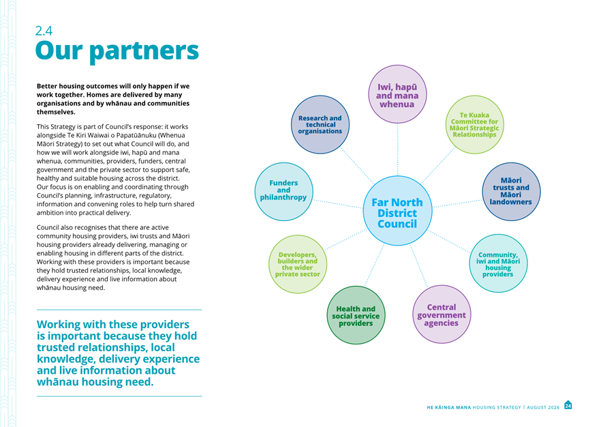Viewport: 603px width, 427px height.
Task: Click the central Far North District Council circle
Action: click(397, 211)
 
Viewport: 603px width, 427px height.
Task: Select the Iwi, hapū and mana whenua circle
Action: click(397, 94)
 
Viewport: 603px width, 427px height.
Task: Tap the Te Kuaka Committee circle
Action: click(474, 125)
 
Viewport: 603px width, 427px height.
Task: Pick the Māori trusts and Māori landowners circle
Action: click(511, 192)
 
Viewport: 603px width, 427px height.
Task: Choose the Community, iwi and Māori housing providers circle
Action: click(498, 263)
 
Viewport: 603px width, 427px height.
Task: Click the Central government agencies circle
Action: click(442, 314)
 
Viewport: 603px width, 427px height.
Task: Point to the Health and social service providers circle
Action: click(356, 315)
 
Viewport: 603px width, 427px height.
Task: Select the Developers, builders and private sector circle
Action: click(298, 264)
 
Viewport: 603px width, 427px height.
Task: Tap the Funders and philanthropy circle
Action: click(284, 192)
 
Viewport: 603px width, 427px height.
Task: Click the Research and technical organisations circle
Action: click(320, 125)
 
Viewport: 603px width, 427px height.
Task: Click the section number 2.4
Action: click(44, 31)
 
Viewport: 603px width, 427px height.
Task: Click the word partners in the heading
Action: click(144, 51)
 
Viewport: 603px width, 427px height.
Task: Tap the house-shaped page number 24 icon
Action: click(568, 405)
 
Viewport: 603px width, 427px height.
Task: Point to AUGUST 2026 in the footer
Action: click(543, 407)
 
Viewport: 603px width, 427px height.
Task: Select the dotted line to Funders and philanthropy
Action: click(338, 204)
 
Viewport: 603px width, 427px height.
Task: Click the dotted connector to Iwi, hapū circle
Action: click(398, 150)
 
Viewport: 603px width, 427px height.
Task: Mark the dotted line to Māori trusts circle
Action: click(458, 203)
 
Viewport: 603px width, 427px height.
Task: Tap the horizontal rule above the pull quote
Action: click(119, 310)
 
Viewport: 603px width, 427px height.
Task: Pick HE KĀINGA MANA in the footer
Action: click(449, 407)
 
